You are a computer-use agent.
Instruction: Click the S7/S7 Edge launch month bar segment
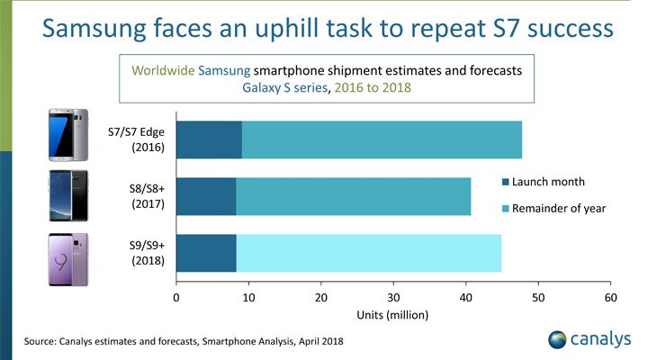click(x=209, y=140)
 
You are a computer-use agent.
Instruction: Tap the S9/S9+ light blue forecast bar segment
click(x=369, y=253)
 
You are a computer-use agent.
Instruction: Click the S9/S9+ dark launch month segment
click(x=206, y=253)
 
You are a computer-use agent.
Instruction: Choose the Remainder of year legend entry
click(x=553, y=209)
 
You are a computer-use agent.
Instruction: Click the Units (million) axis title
click(x=392, y=315)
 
